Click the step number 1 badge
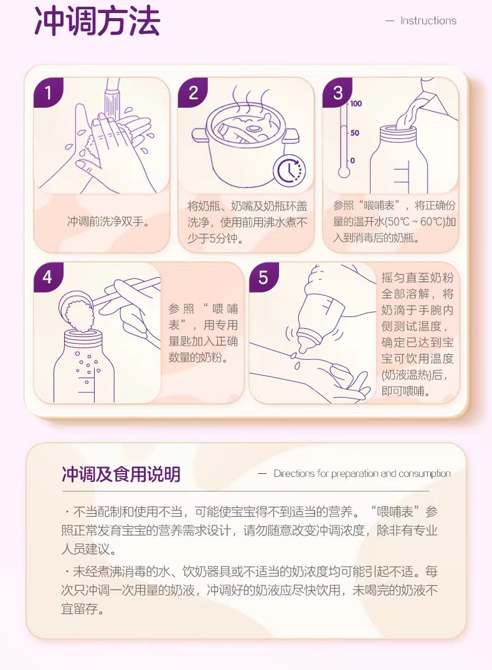(49, 92)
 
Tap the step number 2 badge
(193, 92)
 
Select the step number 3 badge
(338, 92)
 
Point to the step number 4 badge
(49, 277)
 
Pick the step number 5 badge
(263, 277)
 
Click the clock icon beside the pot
(290, 171)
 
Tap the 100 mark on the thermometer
(356, 103)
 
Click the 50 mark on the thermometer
(355, 133)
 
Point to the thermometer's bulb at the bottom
(344, 172)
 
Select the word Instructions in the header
(428, 21)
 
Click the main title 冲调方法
(97, 21)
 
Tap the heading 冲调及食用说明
(121, 474)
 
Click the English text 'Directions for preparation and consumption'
(362, 473)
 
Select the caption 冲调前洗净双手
(108, 221)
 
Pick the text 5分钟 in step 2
(224, 238)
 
